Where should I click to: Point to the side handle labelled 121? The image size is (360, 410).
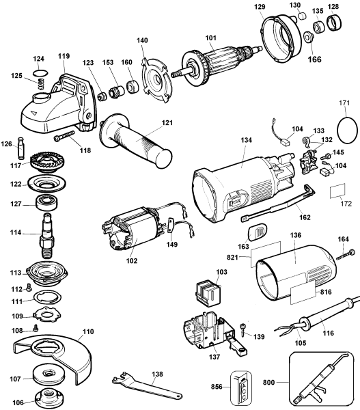pos(136,143)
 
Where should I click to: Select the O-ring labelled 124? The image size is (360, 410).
pos(40,72)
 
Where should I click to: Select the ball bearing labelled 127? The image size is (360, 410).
pos(48,203)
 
